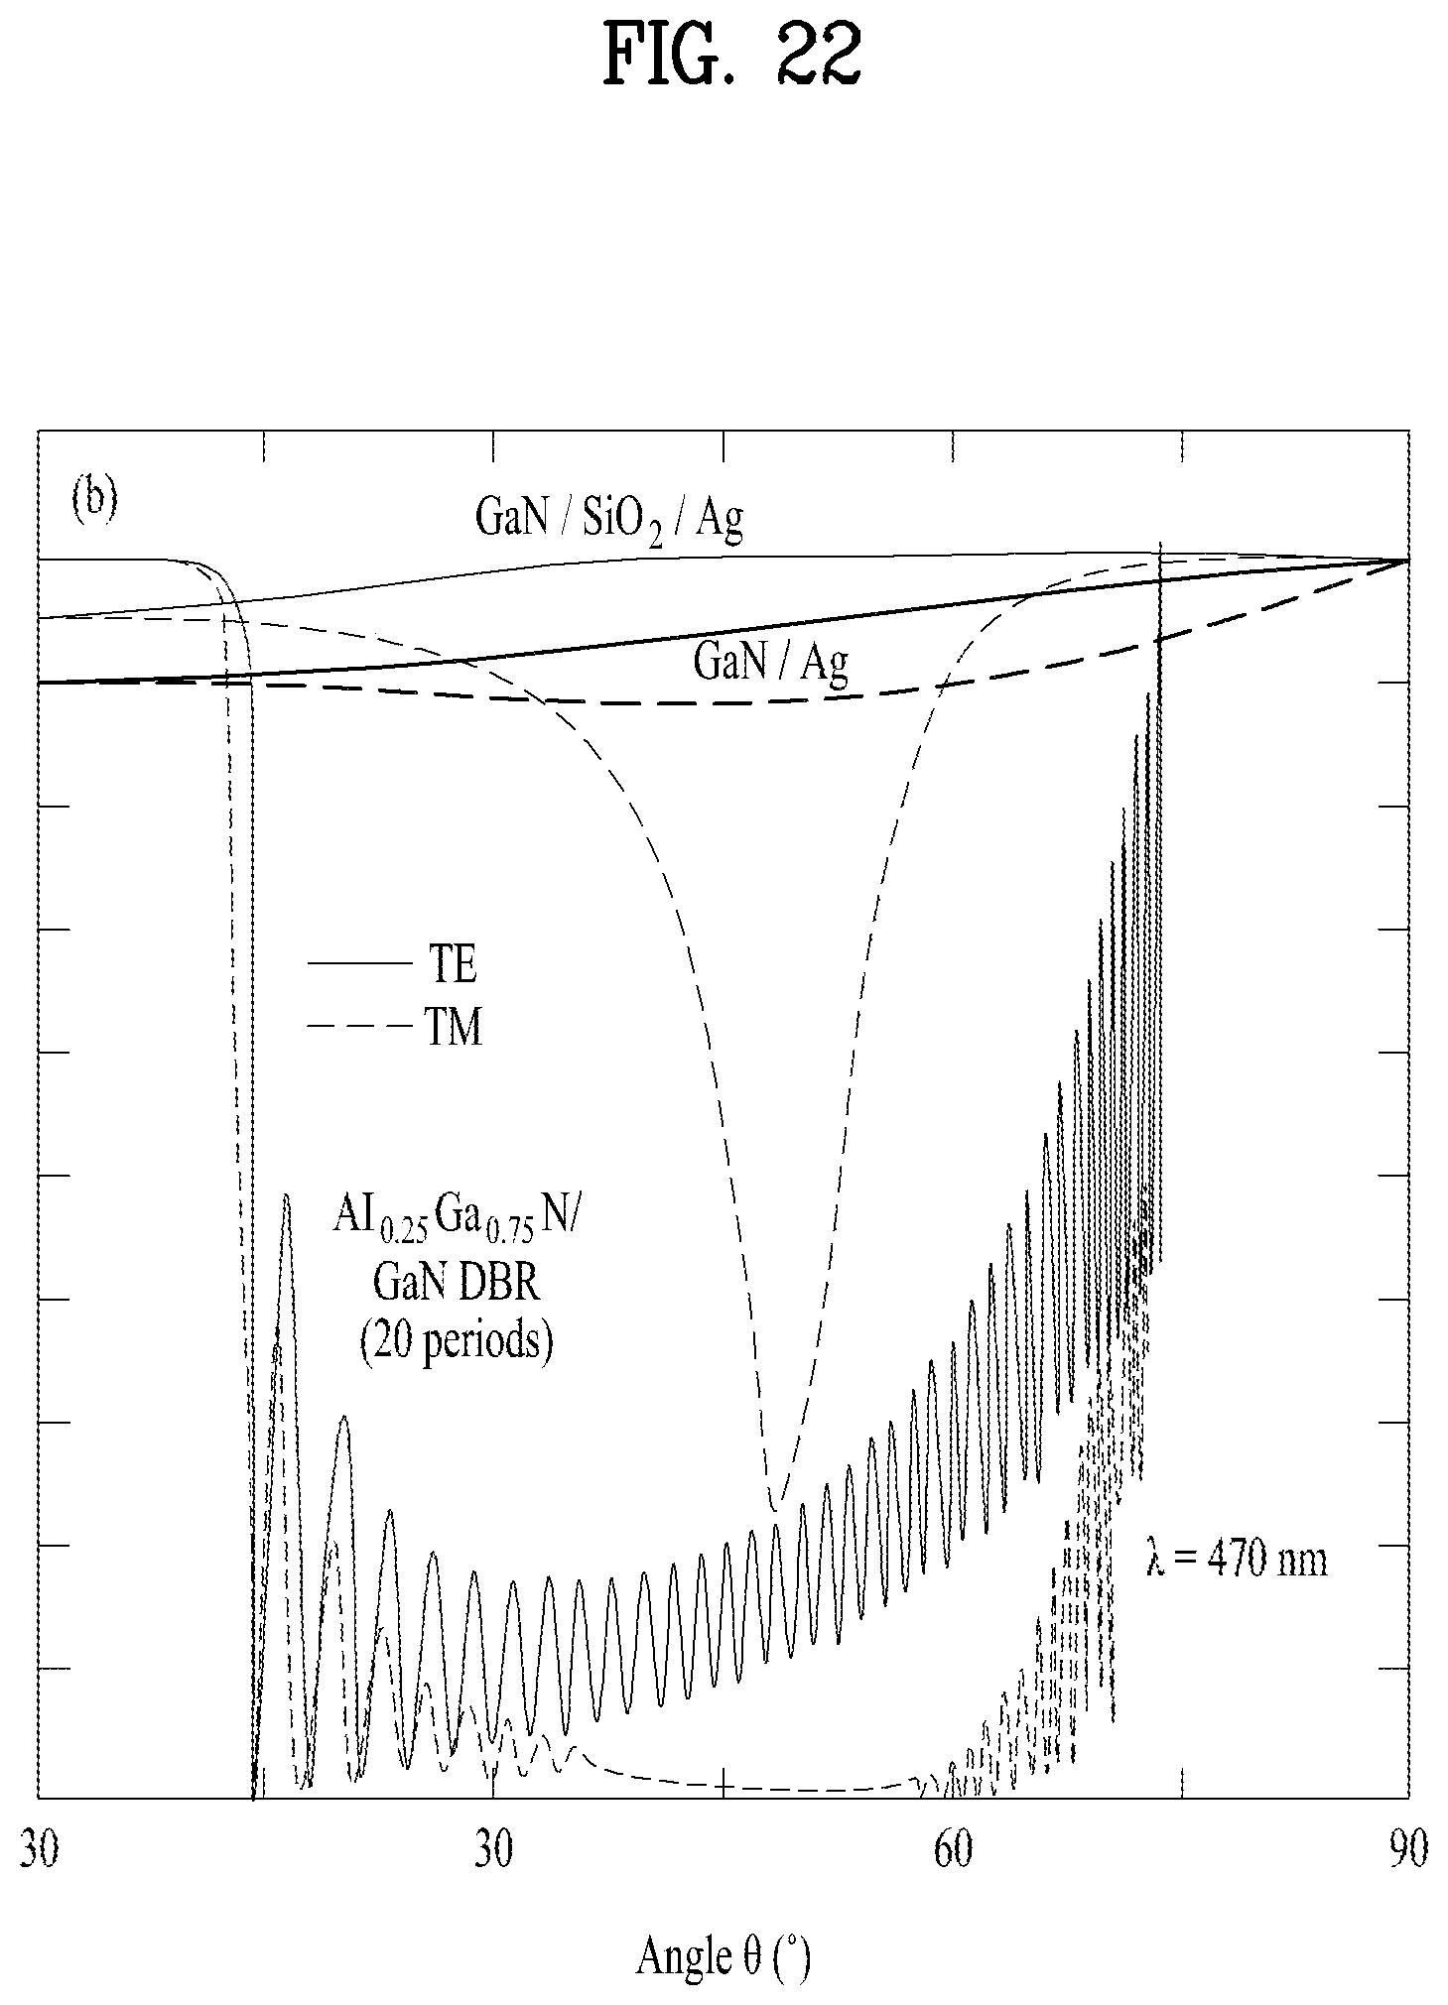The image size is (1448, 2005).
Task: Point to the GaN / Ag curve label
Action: (x=771, y=662)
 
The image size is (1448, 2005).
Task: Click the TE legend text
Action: (x=453, y=964)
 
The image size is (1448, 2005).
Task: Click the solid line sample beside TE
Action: (x=358, y=963)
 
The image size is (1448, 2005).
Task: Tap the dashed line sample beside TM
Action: (x=358, y=1025)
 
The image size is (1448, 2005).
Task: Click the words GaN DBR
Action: (x=457, y=1284)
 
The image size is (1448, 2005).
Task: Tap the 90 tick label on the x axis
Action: (x=1408, y=1851)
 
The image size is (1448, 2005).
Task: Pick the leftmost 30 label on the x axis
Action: (x=39, y=1851)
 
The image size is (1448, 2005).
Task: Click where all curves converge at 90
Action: (x=1407, y=561)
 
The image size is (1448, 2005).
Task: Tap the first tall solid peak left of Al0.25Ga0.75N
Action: (x=286, y=1196)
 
